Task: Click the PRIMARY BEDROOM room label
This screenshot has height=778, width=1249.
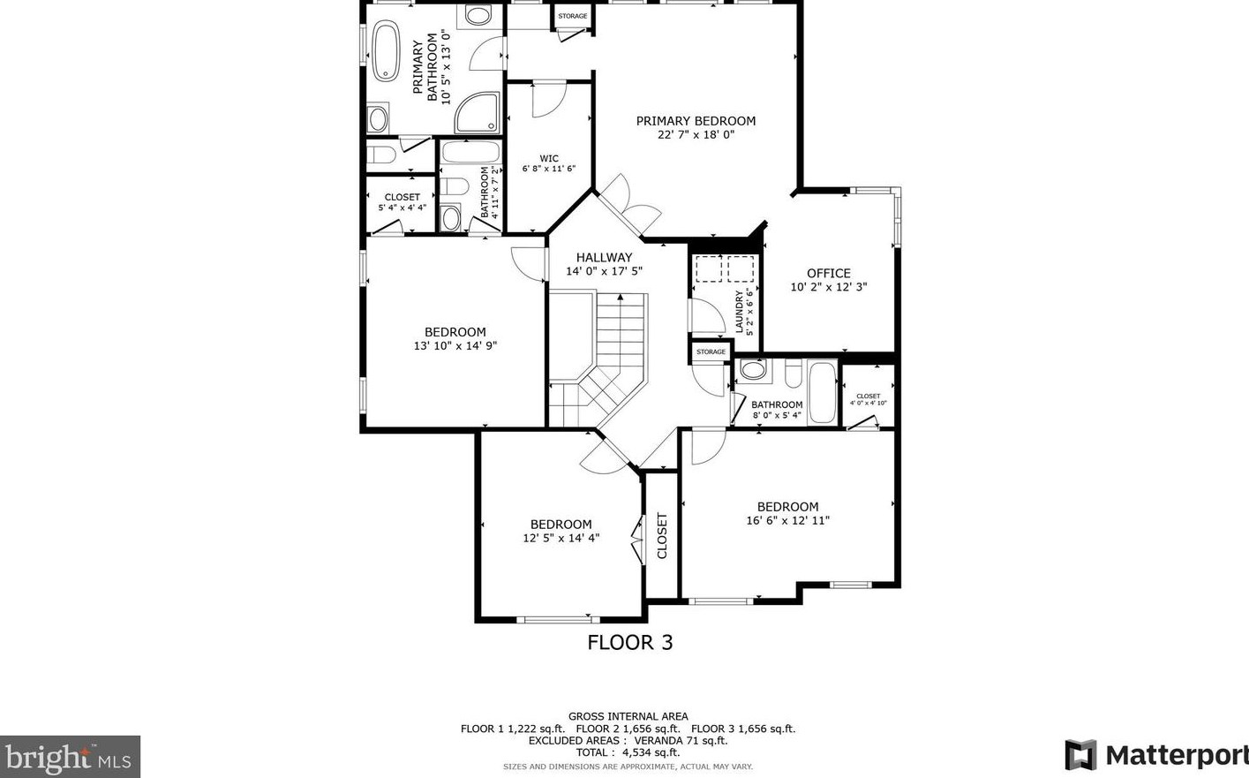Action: [696, 120]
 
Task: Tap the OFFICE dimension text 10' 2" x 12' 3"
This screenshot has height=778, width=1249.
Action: [829, 287]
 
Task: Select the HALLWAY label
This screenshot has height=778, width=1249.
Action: [604, 257]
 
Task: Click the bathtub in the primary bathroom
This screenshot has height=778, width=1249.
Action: [386, 50]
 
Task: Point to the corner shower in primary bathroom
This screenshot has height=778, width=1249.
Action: [477, 113]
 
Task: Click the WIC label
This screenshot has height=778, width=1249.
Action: [549, 158]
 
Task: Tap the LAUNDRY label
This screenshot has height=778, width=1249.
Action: [740, 312]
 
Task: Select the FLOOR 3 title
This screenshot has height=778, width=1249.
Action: [630, 643]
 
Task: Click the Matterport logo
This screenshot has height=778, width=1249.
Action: [1156, 754]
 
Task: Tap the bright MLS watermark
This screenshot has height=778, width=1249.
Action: [70, 757]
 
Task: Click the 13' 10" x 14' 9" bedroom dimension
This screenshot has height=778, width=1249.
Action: [455, 346]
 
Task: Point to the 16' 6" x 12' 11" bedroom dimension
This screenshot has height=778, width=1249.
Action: [788, 520]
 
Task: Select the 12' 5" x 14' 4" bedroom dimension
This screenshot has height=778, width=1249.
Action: [561, 538]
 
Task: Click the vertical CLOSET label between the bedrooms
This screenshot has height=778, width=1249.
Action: [662, 535]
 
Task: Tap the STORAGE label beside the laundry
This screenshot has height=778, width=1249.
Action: [711, 352]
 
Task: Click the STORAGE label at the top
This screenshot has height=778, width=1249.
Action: [573, 16]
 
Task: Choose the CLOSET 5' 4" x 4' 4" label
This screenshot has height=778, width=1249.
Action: [402, 202]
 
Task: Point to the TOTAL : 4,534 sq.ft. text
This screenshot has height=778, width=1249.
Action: [628, 752]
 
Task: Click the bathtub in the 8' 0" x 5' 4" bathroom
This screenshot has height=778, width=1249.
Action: [823, 393]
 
